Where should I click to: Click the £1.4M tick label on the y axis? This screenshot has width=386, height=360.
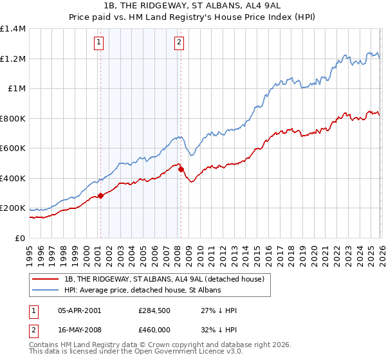(13, 29)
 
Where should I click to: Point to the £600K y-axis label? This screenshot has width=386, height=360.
(13, 148)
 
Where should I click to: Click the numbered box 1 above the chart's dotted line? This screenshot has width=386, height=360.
(100, 43)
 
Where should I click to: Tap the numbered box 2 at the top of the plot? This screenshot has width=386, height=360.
(179, 43)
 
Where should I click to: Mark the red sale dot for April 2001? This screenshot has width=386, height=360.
(100, 195)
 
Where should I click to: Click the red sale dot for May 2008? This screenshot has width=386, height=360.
(181, 170)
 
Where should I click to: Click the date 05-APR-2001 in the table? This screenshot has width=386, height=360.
(79, 310)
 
